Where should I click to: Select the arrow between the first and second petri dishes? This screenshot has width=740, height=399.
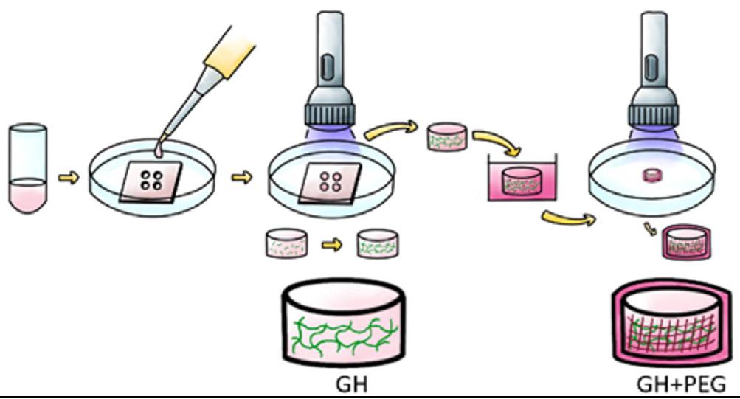241,177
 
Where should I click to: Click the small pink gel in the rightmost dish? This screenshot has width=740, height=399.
652,176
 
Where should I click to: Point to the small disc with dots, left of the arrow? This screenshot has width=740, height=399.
286,243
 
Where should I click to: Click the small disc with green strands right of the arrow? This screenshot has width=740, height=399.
379,243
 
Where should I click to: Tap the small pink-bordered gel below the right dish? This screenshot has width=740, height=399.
685,241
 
